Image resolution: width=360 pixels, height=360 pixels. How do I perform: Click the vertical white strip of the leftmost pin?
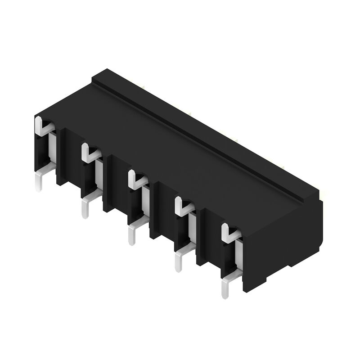(x=53, y=148)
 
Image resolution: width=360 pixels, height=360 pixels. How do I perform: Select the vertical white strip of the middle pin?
(x=146, y=202)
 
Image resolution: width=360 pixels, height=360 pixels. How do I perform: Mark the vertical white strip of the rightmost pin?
(x=239, y=256)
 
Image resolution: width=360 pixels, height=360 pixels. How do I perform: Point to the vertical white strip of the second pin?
(x=99, y=175)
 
